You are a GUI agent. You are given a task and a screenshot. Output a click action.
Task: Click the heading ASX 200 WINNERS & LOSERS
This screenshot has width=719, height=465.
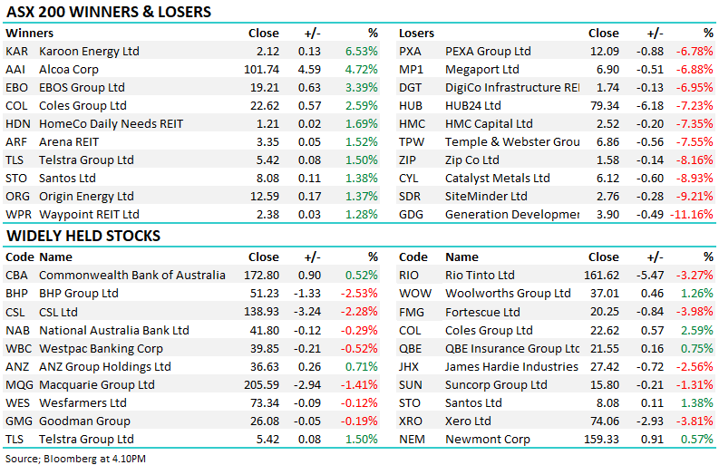pos(109,13)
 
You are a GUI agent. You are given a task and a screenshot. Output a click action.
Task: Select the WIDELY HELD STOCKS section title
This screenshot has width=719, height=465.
pos(83,237)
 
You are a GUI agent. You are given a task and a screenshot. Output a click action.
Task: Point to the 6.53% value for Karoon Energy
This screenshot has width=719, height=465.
pos(361,52)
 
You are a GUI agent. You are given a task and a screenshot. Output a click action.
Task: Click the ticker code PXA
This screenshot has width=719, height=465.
pos(411,52)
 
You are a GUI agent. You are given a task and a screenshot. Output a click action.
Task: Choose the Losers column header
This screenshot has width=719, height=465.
pos(417,34)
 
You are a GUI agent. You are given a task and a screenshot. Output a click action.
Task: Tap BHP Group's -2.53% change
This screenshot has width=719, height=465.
pos(359,294)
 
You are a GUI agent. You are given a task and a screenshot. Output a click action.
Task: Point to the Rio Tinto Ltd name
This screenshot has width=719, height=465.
pos(480,276)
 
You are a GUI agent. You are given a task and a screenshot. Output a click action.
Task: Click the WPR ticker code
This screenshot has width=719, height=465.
pos(19,215)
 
